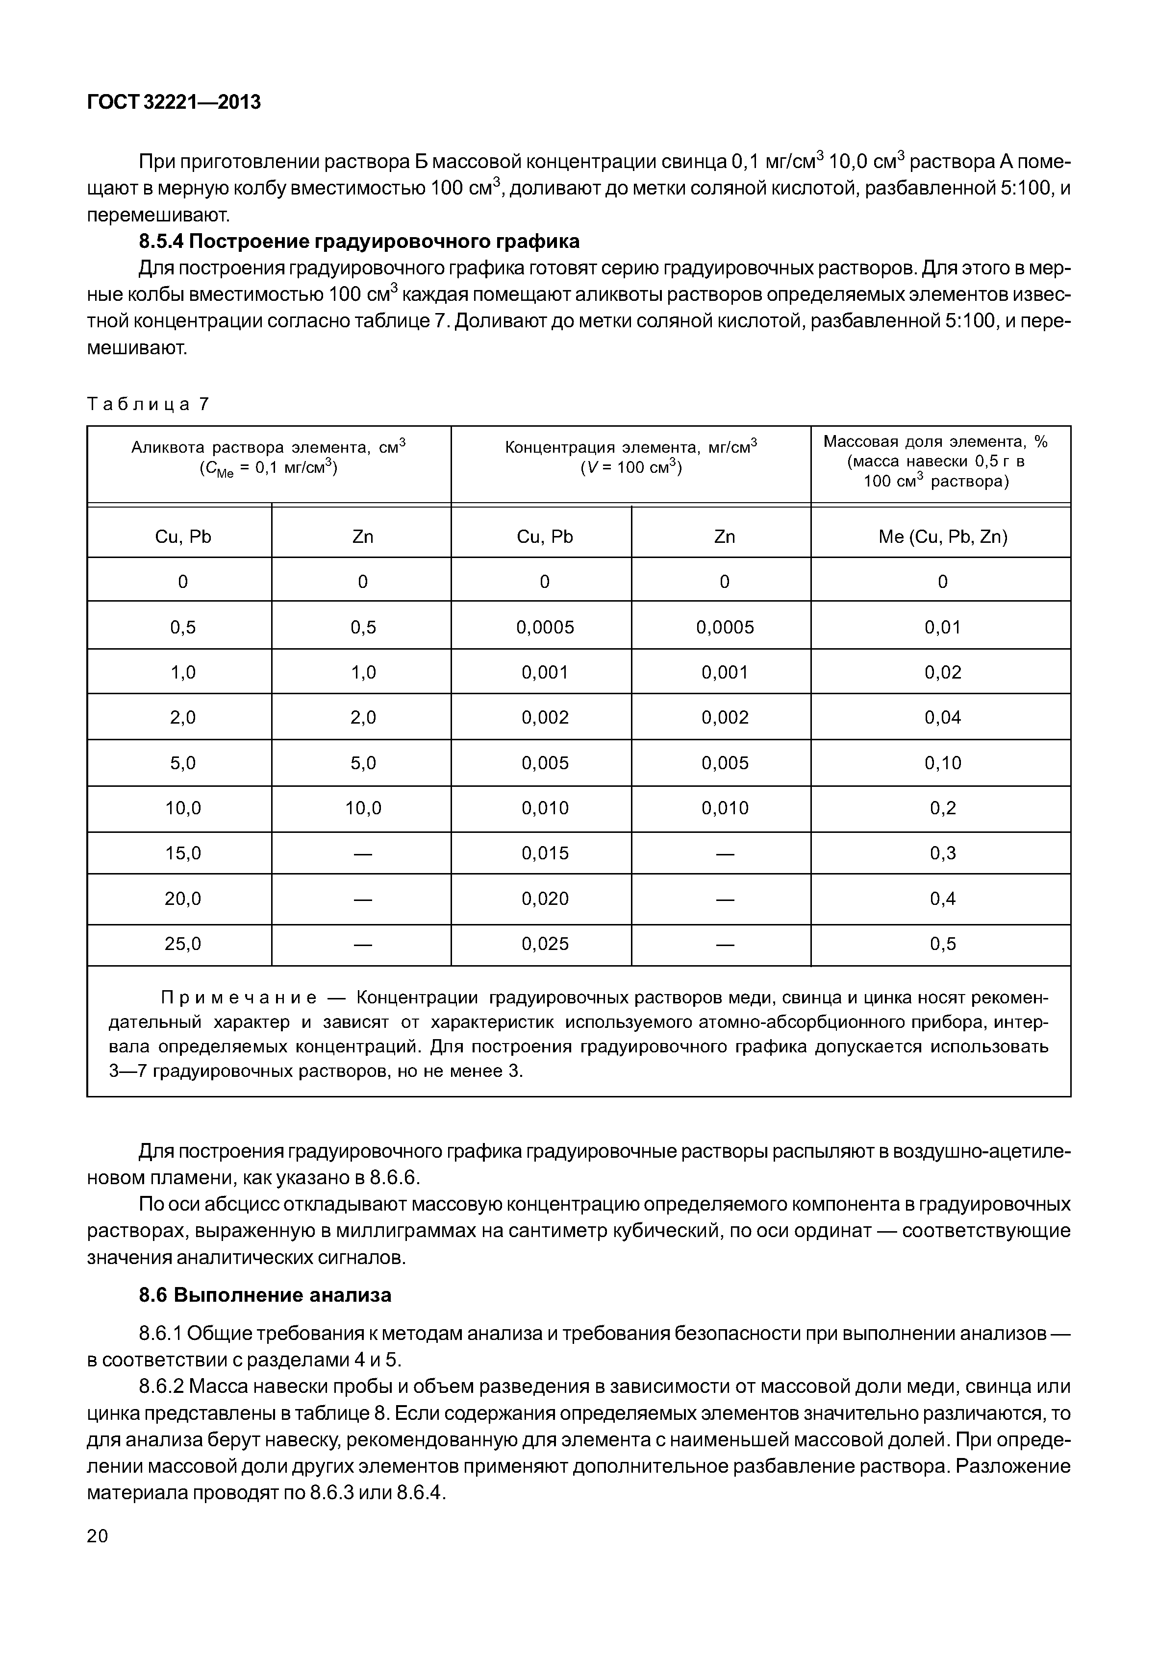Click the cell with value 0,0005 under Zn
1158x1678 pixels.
(724, 627)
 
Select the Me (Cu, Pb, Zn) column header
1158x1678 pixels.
(942, 536)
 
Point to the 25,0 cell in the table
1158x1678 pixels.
(183, 944)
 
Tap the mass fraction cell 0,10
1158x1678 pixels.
(942, 763)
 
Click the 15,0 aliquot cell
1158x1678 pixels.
(183, 853)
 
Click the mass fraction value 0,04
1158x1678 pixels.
(942, 717)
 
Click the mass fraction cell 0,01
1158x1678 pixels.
(942, 627)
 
